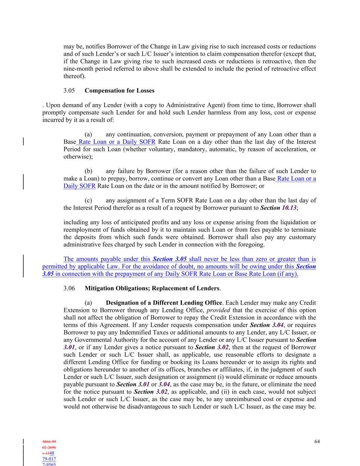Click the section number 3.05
[69, 91]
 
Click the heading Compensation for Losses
[119, 91]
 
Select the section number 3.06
[69, 288]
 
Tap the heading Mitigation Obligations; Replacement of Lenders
[152, 288]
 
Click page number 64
[317, 441]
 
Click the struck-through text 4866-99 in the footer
[49, 442]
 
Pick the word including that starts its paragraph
[75, 223]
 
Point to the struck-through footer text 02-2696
[49, 448]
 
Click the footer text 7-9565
[49, 464]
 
